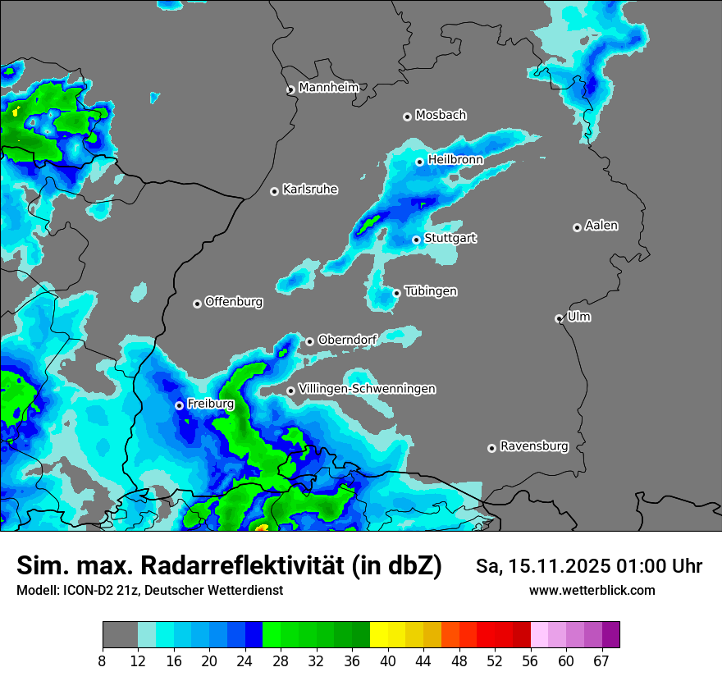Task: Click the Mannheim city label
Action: coord(329,88)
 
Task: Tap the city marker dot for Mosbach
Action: coord(407,117)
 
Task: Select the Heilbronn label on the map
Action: coord(455,159)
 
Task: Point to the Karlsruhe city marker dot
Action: coord(275,191)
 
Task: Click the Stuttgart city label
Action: coord(450,238)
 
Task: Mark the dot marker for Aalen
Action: coord(577,227)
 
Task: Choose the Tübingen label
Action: coord(431,291)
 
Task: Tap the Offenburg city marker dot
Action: coord(197,304)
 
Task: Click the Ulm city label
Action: coord(578,317)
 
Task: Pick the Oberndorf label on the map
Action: coord(347,340)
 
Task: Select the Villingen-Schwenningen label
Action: coord(367,389)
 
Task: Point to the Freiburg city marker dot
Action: coord(179,405)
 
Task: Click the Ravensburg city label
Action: coord(534,446)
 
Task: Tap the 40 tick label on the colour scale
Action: coord(387,661)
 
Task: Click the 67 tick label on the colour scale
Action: coord(601,661)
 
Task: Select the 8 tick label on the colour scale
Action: coord(103,661)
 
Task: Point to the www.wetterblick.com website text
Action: coord(592,590)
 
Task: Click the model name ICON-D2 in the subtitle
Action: coord(85,590)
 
